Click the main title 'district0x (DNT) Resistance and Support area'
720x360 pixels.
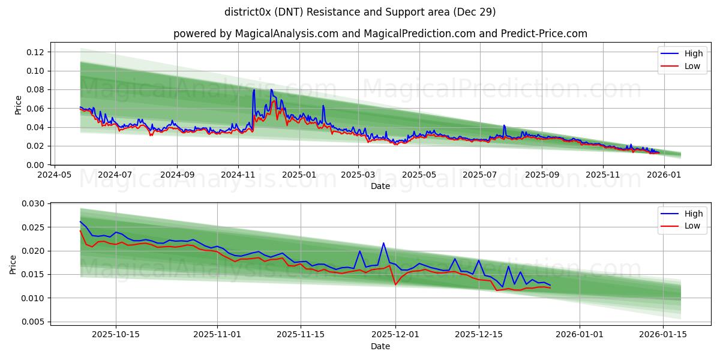pos(360,12)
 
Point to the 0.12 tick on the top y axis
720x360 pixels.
pos(35,52)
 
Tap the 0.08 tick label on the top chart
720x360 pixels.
pos(35,89)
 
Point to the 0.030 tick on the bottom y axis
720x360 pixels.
pos(33,204)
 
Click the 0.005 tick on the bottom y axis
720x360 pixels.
pos(33,322)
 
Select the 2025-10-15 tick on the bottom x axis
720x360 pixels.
pos(116,334)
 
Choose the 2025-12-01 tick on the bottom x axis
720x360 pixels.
pos(395,334)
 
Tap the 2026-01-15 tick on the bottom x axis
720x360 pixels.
pos(663,334)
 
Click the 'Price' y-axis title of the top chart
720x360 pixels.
pos(18,105)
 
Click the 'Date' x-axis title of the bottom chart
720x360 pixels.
pos(380,346)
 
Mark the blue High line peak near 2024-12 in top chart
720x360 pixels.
pos(271,90)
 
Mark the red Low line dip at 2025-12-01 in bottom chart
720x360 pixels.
pos(395,284)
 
